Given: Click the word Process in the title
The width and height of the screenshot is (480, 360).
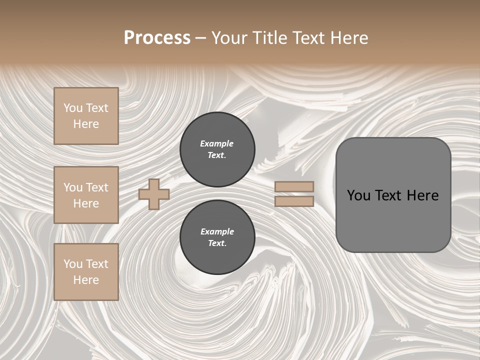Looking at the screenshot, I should tap(157, 38).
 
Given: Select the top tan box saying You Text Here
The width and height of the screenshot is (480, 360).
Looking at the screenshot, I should tap(86, 116).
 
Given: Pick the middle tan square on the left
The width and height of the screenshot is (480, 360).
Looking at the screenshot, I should tap(86, 195).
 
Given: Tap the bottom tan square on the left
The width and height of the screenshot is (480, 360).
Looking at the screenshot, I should tap(86, 271).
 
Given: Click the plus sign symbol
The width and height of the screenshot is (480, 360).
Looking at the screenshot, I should tap(153, 194).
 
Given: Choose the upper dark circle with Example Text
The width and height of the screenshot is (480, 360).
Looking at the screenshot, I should tap(217, 149).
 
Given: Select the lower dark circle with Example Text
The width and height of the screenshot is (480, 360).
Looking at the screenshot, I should tap(217, 237).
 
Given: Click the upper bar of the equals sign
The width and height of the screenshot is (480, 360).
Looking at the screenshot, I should tap(294, 186).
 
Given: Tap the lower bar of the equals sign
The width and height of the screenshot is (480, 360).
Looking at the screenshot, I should tap(294, 201).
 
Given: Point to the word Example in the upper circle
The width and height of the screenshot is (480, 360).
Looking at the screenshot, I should tap(217, 143).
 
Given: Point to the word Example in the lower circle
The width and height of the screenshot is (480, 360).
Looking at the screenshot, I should tap(217, 231).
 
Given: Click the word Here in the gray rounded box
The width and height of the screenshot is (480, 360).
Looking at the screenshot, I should tap(422, 195).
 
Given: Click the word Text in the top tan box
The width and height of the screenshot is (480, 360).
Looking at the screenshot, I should tap(97, 108).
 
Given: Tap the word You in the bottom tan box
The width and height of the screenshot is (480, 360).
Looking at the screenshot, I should tap(73, 264).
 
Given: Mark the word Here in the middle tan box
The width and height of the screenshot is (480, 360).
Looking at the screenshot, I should tap(86, 203).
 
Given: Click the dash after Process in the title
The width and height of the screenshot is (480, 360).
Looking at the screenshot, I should tap(201, 38).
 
